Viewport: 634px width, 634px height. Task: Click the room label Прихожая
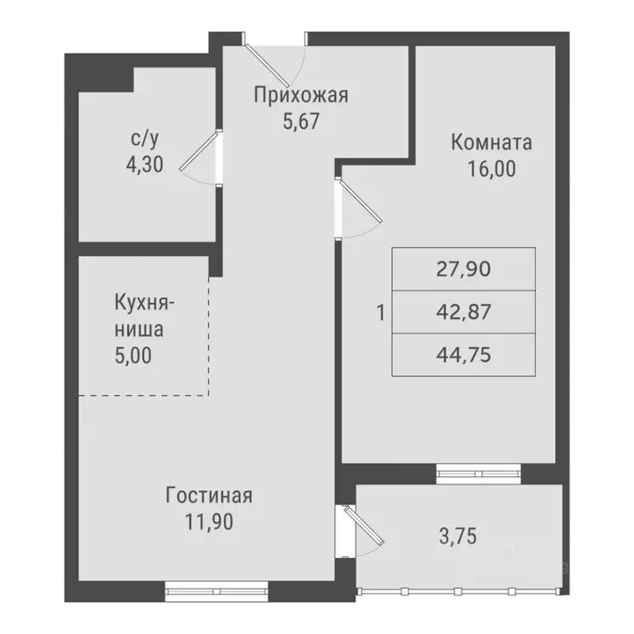(300, 95)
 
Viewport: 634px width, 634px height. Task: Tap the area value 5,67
(300, 121)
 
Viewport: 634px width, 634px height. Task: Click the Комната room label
(491, 142)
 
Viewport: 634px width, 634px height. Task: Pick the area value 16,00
(491, 168)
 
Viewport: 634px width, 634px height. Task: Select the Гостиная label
(208, 496)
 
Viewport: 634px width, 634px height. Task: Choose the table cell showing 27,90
(463, 269)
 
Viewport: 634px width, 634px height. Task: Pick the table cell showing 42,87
(463, 312)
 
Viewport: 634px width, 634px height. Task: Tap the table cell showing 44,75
(463, 355)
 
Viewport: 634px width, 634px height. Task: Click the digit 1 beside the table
(380, 313)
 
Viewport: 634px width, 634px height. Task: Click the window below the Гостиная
(216, 589)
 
